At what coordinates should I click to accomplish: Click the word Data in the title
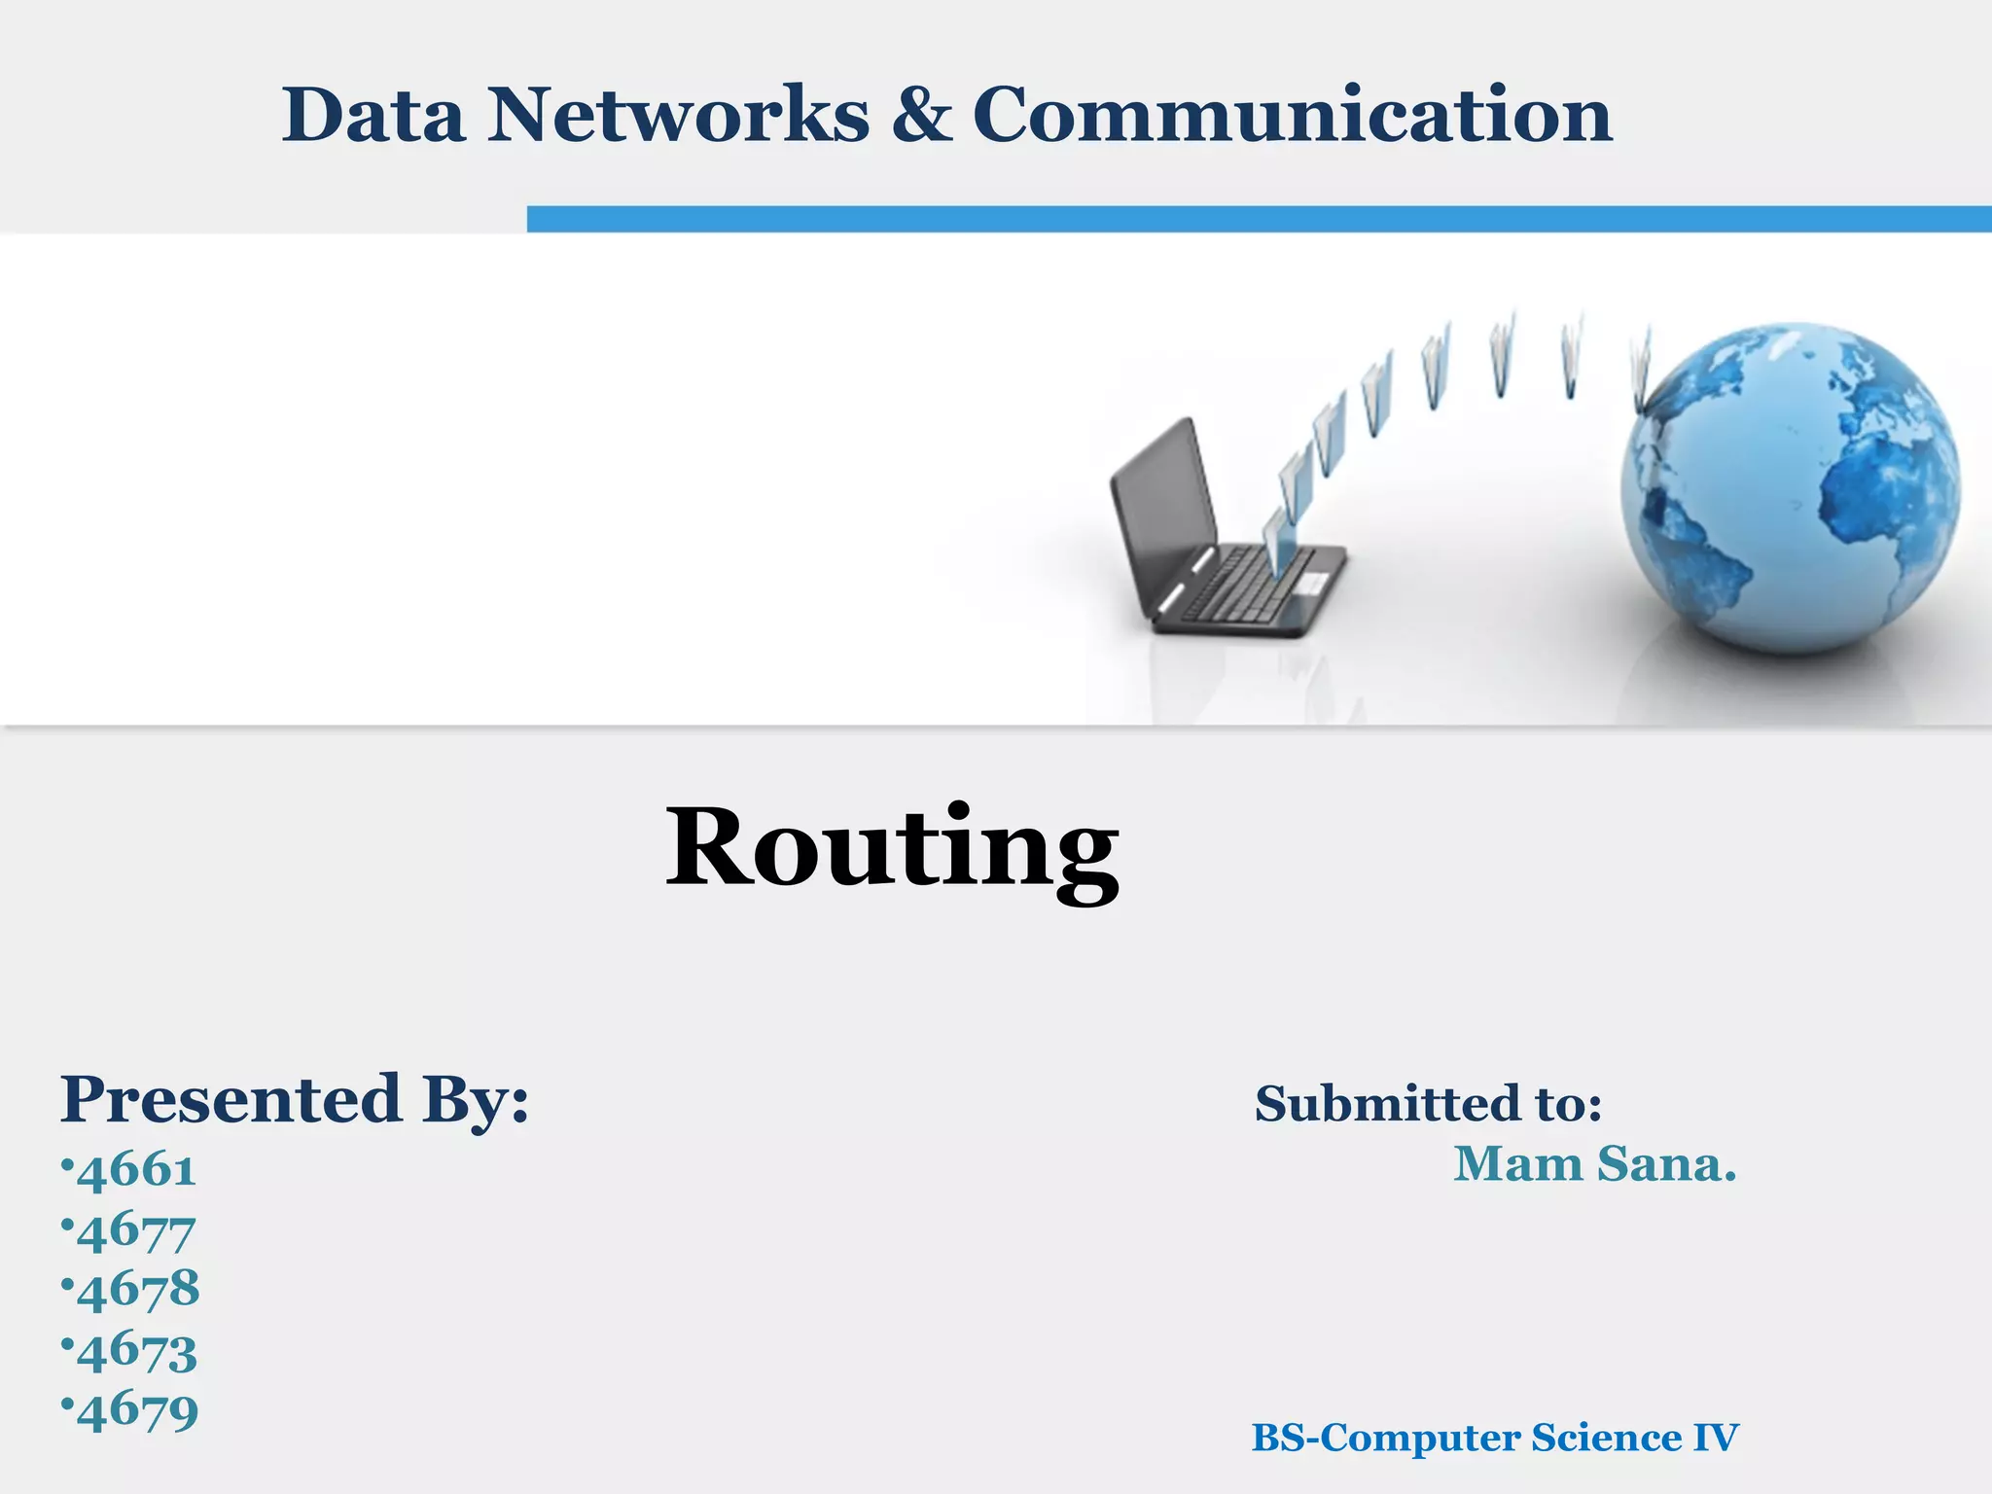[x=373, y=116]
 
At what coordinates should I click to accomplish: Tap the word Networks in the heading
[x=678, y=116]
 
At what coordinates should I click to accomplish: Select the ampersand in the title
[x=921, y=116]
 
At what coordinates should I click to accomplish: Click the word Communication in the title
[x=1293, y=116]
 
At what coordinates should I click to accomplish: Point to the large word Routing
[x=892, y=848]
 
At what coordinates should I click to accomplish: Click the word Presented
[x=231, y=1099]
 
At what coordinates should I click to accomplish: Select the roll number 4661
[x=136, y=1170]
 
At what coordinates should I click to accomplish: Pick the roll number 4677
[x=136, y=1230]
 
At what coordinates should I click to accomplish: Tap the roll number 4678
[x=138, y=1290]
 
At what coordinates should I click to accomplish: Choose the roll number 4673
[x=137, y=1351]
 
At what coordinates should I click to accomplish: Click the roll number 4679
[x=138, y=1410]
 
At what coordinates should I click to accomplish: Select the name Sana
[x=1665, y=1164]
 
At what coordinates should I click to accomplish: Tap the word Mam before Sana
[x=1518, y=1164]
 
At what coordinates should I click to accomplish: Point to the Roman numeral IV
[x=1716, y=1438]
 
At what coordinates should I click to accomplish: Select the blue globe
[x=1790, y=486]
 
